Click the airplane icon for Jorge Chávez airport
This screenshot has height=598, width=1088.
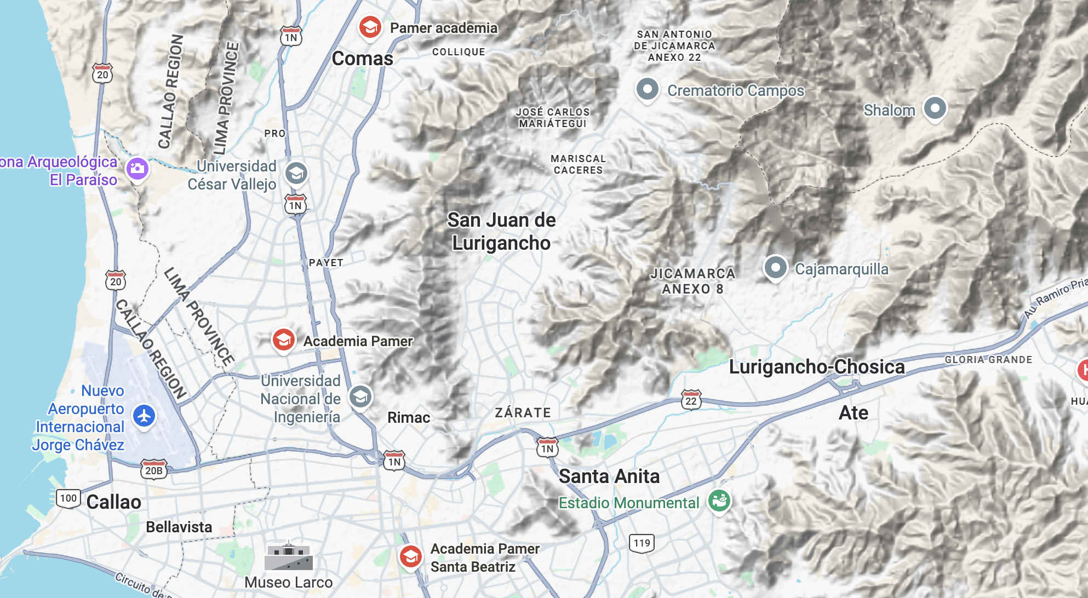click(144, 416)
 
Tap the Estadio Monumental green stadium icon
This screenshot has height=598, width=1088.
click(719, 500)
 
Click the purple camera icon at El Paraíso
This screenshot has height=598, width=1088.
click(138, 168)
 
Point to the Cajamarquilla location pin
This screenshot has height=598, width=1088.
click(775, 268)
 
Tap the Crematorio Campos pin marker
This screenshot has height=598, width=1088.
click(647, 89)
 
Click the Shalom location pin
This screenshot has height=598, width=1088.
click(935, 108)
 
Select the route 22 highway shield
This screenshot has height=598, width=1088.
click(691, 400)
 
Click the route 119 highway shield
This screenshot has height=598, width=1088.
click(642, 543)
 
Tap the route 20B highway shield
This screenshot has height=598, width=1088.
click(154, 470)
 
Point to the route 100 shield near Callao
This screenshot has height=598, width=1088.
click(68, 498)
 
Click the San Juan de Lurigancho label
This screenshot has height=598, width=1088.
click(501, 231)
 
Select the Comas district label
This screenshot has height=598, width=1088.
click(362, 59)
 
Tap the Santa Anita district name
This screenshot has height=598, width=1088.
click(609, 476)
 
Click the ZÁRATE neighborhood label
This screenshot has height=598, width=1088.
click(523, 413)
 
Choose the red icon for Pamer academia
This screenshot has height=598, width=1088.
click(370, 26)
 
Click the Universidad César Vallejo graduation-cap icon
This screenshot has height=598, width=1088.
click(296, 174)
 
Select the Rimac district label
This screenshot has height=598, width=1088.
click(409, 418)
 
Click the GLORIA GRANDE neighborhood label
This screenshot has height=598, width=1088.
click(988, 360)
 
